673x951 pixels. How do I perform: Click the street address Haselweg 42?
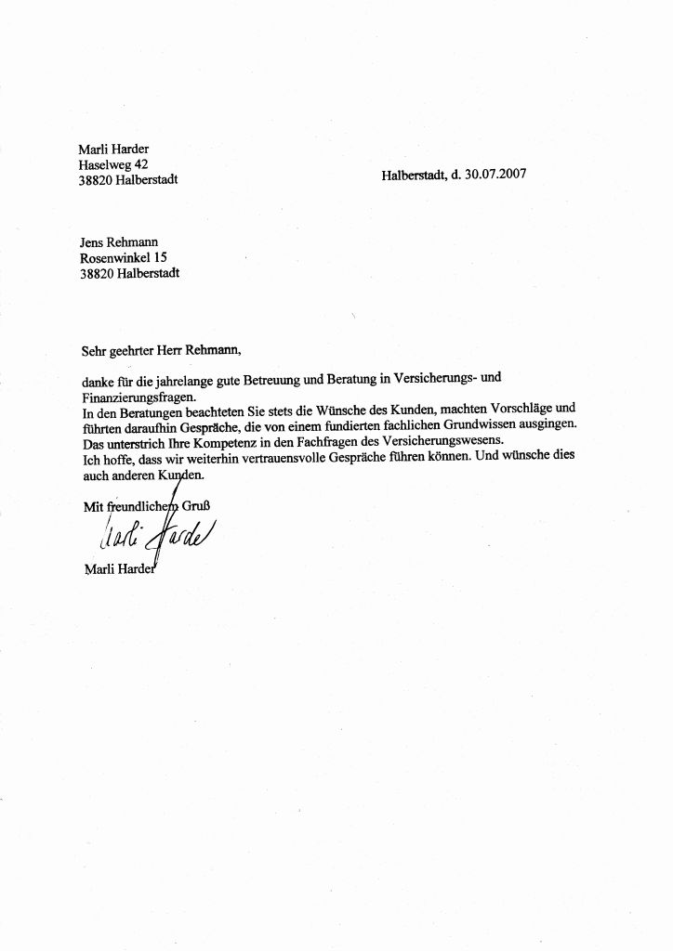[x=108, y=163]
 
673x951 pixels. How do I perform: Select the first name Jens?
[x=93, y=241]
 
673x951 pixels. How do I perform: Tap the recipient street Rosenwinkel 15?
[x=125, y=257]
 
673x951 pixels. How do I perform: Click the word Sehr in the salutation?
[x=94, y=350]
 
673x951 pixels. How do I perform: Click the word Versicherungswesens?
[x=437, y=440]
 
